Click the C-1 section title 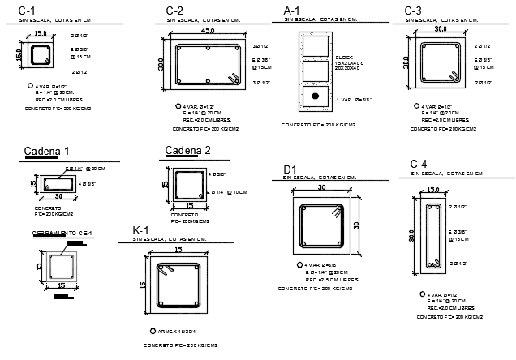pyautogui.click(x=26, y=11)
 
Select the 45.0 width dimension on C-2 pyautogui.click(x=208, y=31)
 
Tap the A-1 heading pyautogui.click(x=292, y=11)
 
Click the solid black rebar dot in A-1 pyautogui.click(x=316, y=96)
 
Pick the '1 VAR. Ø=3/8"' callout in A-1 pyautogui.click(x=354, y=99)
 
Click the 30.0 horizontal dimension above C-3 pyautogui.click(x=441, y=29)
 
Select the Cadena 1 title pyautogui.click(x=47, y=151)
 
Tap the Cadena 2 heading pyautogui.click(x=187, y=150)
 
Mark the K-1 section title pyautogui.click(x=141, y=232)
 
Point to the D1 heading pyautogui.click(x=289, y=169)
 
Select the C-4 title pyautogui.click(x=419, y=165)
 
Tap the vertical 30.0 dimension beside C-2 pyautogui.click(x=161, y=63)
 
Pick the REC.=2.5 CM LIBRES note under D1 pyautogui.click(x=333, y=279)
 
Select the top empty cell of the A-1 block pyautogui.click(x=316, y=44)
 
